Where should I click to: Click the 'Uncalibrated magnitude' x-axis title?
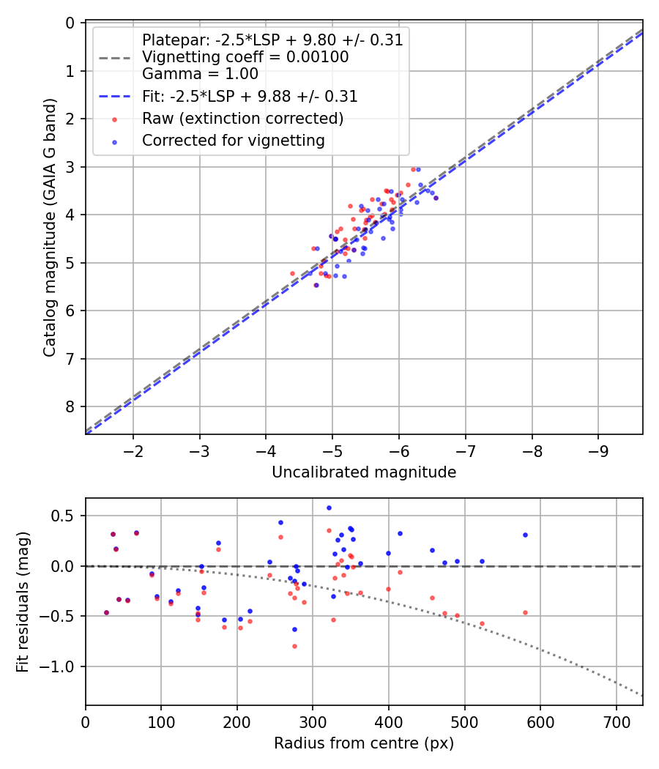364,472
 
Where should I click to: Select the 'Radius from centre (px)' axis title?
364,743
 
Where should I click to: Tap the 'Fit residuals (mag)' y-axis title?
23,602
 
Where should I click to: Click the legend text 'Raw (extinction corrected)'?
243,118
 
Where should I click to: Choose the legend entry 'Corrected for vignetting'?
234,140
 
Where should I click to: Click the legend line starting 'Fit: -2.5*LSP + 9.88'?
250,96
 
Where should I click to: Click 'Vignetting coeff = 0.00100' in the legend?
245,56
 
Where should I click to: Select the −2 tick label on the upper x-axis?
133,448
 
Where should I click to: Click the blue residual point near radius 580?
525,535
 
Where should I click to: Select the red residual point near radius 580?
525,612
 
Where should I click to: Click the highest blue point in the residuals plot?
329,508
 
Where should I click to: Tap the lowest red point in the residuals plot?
294,646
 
